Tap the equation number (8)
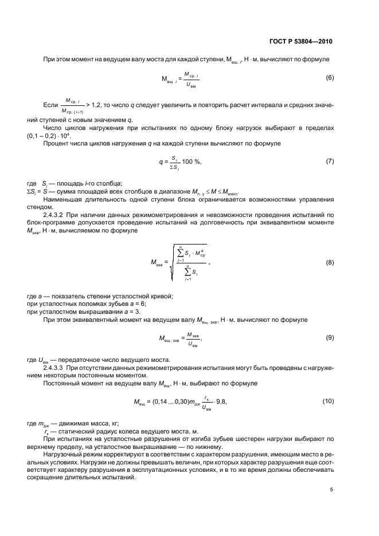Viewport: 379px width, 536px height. click(330, 262)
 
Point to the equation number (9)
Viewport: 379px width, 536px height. click(330, 338)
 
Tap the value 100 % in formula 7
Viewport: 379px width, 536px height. click(192, 162)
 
